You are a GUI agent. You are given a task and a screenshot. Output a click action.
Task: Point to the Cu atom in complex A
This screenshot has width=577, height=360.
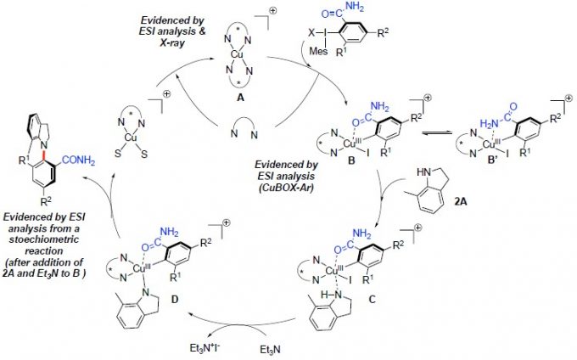234,59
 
